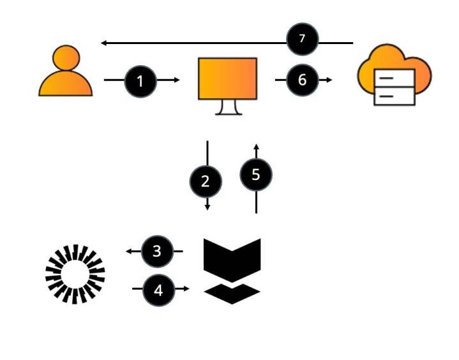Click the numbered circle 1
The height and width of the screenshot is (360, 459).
point(140,81)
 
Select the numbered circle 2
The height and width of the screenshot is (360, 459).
point(206,181)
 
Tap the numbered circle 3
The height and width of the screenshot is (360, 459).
point(157,251)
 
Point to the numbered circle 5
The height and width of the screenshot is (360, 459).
point(256,175)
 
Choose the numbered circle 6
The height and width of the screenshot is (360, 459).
point(302,80)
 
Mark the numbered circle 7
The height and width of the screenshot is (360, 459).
point(303,40)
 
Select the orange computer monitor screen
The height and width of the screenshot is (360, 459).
point(228,79)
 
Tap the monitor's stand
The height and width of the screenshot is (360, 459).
point(228,107)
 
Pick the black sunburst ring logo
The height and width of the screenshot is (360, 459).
point(75,274)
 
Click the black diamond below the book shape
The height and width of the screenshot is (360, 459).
point(232,293)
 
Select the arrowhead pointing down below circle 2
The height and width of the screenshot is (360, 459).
point(207,207)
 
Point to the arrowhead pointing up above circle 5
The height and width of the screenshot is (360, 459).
point(256,146)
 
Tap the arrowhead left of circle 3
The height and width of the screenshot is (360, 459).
point(129,251)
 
